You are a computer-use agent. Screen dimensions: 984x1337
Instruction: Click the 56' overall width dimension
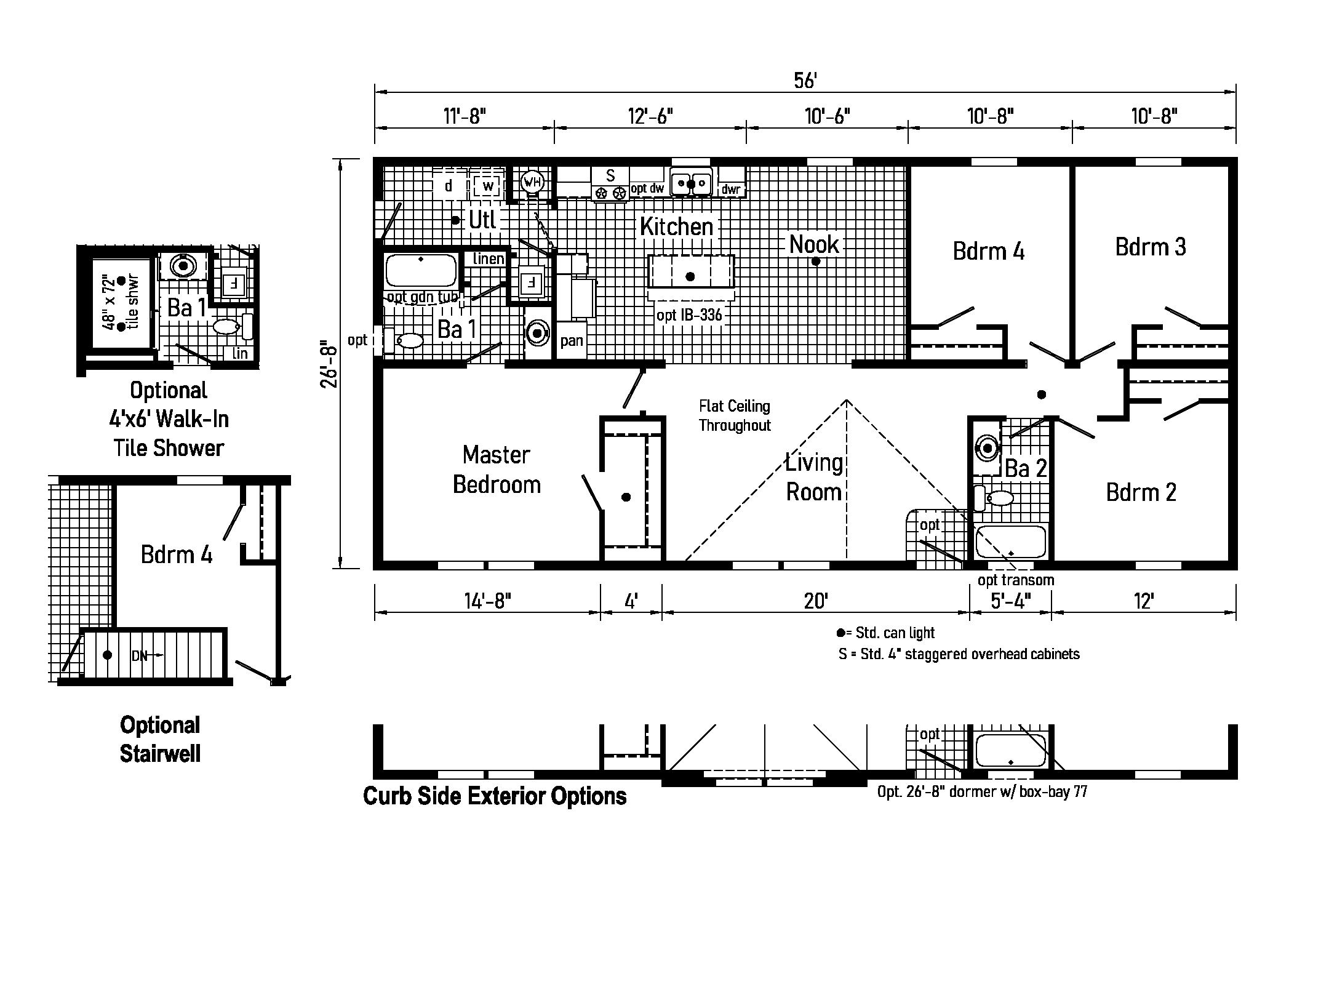(805, 81)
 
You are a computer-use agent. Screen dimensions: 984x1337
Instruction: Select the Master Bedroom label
(497, 470)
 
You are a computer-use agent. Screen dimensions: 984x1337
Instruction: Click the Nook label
(814, 244)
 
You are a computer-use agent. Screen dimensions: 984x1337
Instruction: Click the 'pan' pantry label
(572, 340)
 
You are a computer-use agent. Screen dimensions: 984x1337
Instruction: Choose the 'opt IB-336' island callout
(689, 316)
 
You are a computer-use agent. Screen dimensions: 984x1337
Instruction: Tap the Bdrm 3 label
(1150, 247)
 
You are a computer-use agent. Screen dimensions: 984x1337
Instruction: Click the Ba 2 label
(1026, 468)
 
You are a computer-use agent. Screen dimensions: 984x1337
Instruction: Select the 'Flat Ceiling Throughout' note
(735, 415)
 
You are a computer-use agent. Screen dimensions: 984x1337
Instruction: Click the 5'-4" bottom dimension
(1010, 600)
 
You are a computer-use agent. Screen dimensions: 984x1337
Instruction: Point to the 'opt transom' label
(1016, 580)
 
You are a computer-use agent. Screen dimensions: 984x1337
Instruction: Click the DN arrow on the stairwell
(147, 656)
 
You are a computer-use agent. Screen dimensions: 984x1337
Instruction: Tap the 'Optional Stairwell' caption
(160, 738)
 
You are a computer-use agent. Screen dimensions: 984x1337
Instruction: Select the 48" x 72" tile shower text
(121, 303)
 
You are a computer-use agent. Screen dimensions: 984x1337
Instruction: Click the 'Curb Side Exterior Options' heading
(495, 796)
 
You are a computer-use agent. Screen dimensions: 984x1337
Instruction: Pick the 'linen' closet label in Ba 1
(489, 259)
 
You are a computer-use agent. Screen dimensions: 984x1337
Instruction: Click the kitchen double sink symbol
(691, 183)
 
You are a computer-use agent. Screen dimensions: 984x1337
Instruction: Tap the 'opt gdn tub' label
(423, 297)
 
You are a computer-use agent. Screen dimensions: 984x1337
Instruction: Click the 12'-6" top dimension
(650, 116)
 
